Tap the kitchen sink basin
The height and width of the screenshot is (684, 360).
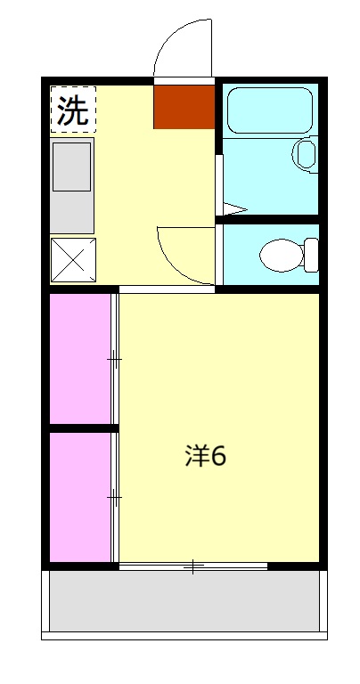click(72, 166)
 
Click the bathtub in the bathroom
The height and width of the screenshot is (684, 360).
click(268, 110)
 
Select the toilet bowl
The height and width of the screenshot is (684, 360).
click(280, 255)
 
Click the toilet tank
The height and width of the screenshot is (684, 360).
click(311, 254)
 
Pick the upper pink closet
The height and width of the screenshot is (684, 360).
click(79, 358)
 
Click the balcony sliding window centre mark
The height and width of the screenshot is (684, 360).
click(192, 566)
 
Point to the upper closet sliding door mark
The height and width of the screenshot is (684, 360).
click(114, 359)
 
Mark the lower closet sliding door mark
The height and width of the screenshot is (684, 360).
click(114, 496)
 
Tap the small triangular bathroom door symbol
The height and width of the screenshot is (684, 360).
click(231, 210)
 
